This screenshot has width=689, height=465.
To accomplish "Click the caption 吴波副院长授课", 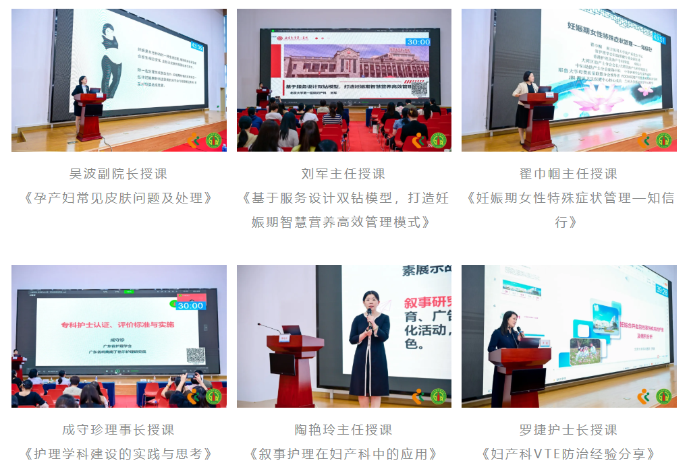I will (119, 174).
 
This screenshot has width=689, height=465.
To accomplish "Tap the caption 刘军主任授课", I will (343, 174).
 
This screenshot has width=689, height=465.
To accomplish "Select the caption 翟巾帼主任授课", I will (568, 174).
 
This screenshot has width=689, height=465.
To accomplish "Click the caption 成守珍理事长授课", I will (119, 430).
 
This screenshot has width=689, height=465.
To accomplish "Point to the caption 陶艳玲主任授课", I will (343, 430).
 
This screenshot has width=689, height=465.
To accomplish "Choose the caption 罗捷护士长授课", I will (568, 430).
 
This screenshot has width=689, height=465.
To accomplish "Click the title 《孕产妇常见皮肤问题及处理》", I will (119, 198).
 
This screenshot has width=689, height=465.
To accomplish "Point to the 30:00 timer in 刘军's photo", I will (418, 42).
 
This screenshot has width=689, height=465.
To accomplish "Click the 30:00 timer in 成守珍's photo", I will (191, 305).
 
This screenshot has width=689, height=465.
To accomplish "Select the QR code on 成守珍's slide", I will (195, 354).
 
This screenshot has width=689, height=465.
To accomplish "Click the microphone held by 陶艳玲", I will (369, 315).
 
